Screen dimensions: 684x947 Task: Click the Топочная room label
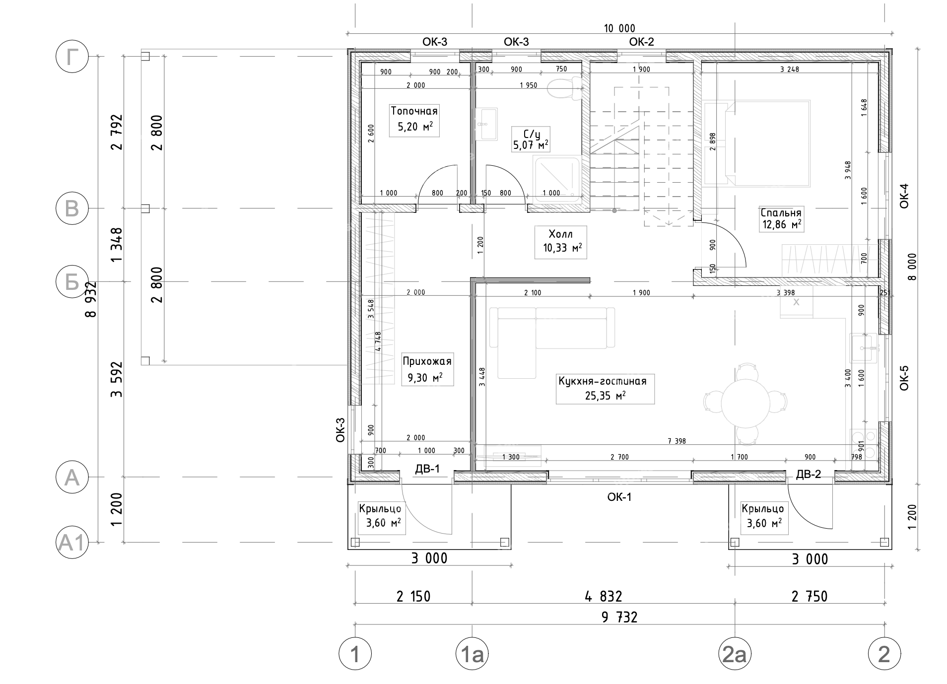tap(414, 119)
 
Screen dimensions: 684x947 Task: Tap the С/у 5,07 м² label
tap(531, 139)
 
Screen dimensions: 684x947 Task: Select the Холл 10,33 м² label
tap(561, 242)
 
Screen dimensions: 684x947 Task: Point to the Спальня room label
tap(781, 219)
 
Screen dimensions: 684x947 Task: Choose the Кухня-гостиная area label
tap(605, 388)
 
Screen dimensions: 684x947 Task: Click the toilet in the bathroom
tap(566, 88)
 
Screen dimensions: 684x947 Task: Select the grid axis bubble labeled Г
tap(72, 57)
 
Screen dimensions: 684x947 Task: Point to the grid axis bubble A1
tap(72, 543)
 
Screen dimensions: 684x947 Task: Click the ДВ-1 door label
tap(427, 469)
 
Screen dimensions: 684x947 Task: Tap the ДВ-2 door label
tap(809, 474)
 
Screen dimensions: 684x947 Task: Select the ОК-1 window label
tap(619, 496)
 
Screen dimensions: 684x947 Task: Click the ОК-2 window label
tap(641, 42)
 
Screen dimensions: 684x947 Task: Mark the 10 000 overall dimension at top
tap(619, 28)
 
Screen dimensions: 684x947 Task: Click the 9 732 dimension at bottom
tap(619, 617)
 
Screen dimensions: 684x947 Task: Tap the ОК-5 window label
tap(904, 378)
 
